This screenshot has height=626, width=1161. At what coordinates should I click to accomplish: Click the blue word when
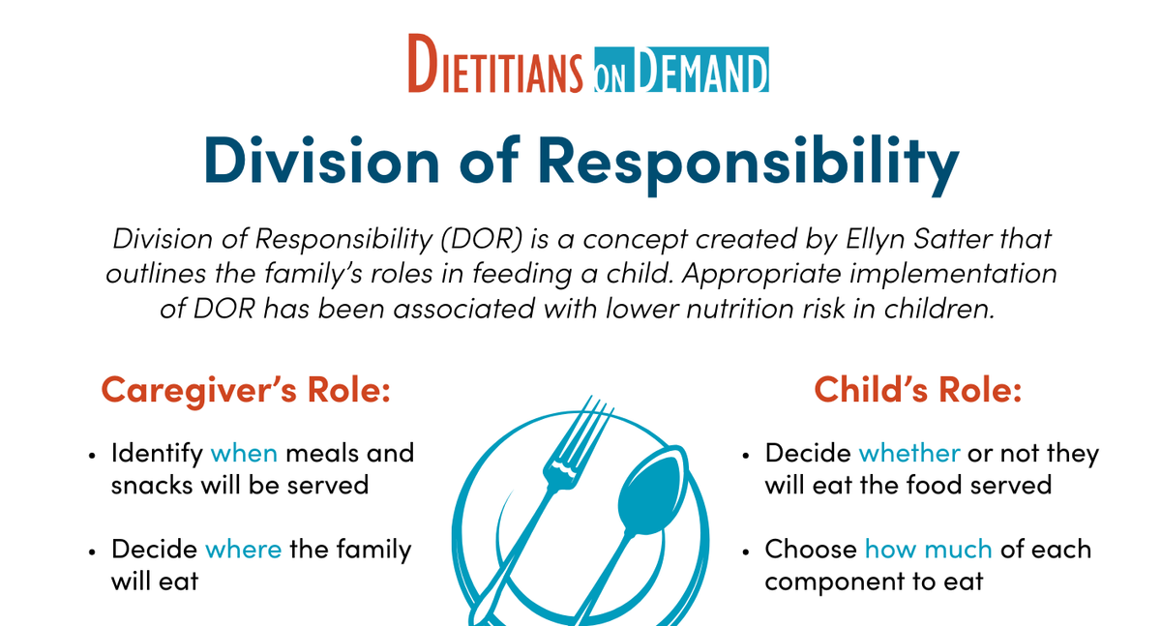[244, 453]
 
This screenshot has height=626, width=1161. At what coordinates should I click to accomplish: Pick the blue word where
[244, 550]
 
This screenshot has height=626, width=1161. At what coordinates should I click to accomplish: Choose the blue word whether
[909, 453]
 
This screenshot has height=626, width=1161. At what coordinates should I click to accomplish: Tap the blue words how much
[928, 550]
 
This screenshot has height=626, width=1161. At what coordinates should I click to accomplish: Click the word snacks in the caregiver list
[152, 484]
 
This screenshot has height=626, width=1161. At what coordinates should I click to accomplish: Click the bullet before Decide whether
[747, 454]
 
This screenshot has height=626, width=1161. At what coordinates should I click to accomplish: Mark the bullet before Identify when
[93, 454]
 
